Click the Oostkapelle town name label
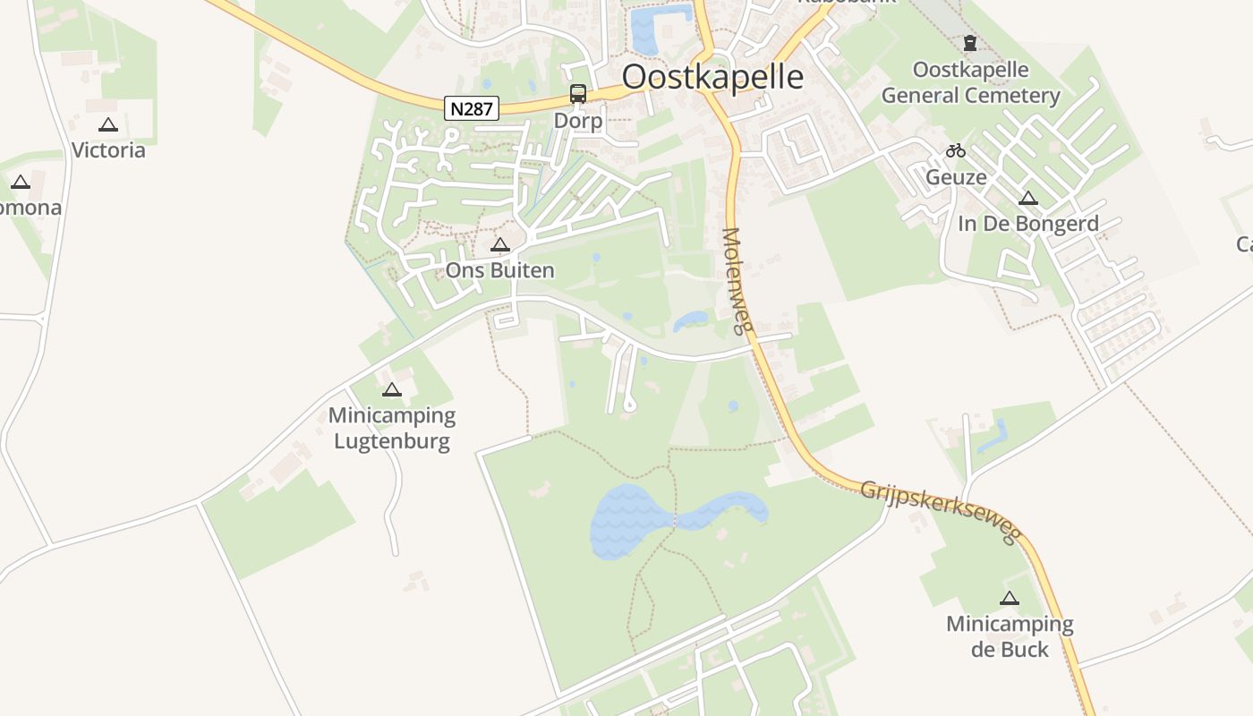[x=712, y=77]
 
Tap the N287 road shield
[x=471, y=108]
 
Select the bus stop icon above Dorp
[x=578, y=94]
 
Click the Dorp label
[x=578, y=120]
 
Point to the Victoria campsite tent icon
[x=108, y=125]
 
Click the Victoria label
[x=108, y=149]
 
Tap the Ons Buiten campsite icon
[x=500, y=244]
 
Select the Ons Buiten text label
[x=500, y=269]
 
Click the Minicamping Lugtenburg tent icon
[x=392, y=390]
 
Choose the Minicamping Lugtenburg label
[x=392, y=428]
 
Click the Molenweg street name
[x=734, y=281]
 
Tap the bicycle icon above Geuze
[x=956, y=150]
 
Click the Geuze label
[x=956, y=176]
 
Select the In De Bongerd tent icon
[x=1027, y=198]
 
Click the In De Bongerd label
[x=1027, y=223]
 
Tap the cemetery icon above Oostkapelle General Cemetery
[x=969, y=43]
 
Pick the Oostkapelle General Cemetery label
[x=971, y=82]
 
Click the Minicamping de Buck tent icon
[x=1010, y=598]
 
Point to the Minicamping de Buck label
[x=1010, y=635]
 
